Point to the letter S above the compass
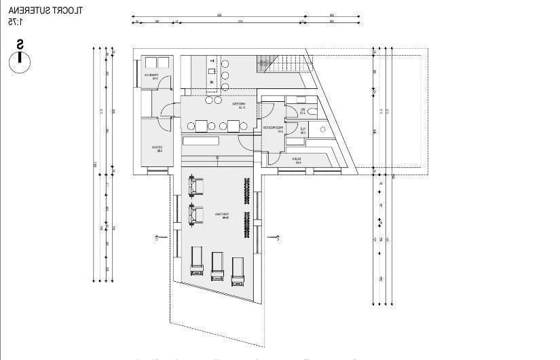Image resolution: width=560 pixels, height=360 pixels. [x=20, y=45]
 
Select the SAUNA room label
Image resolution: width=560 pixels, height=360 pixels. [x=297, y=160]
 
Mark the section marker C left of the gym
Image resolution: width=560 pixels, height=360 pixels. [x=157, y=237]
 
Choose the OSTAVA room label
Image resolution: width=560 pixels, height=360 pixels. [x=156, y=149]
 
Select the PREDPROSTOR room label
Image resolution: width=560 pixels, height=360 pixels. [x=274, y=128]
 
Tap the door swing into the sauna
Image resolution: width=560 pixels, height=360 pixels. [x=274, y=158]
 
